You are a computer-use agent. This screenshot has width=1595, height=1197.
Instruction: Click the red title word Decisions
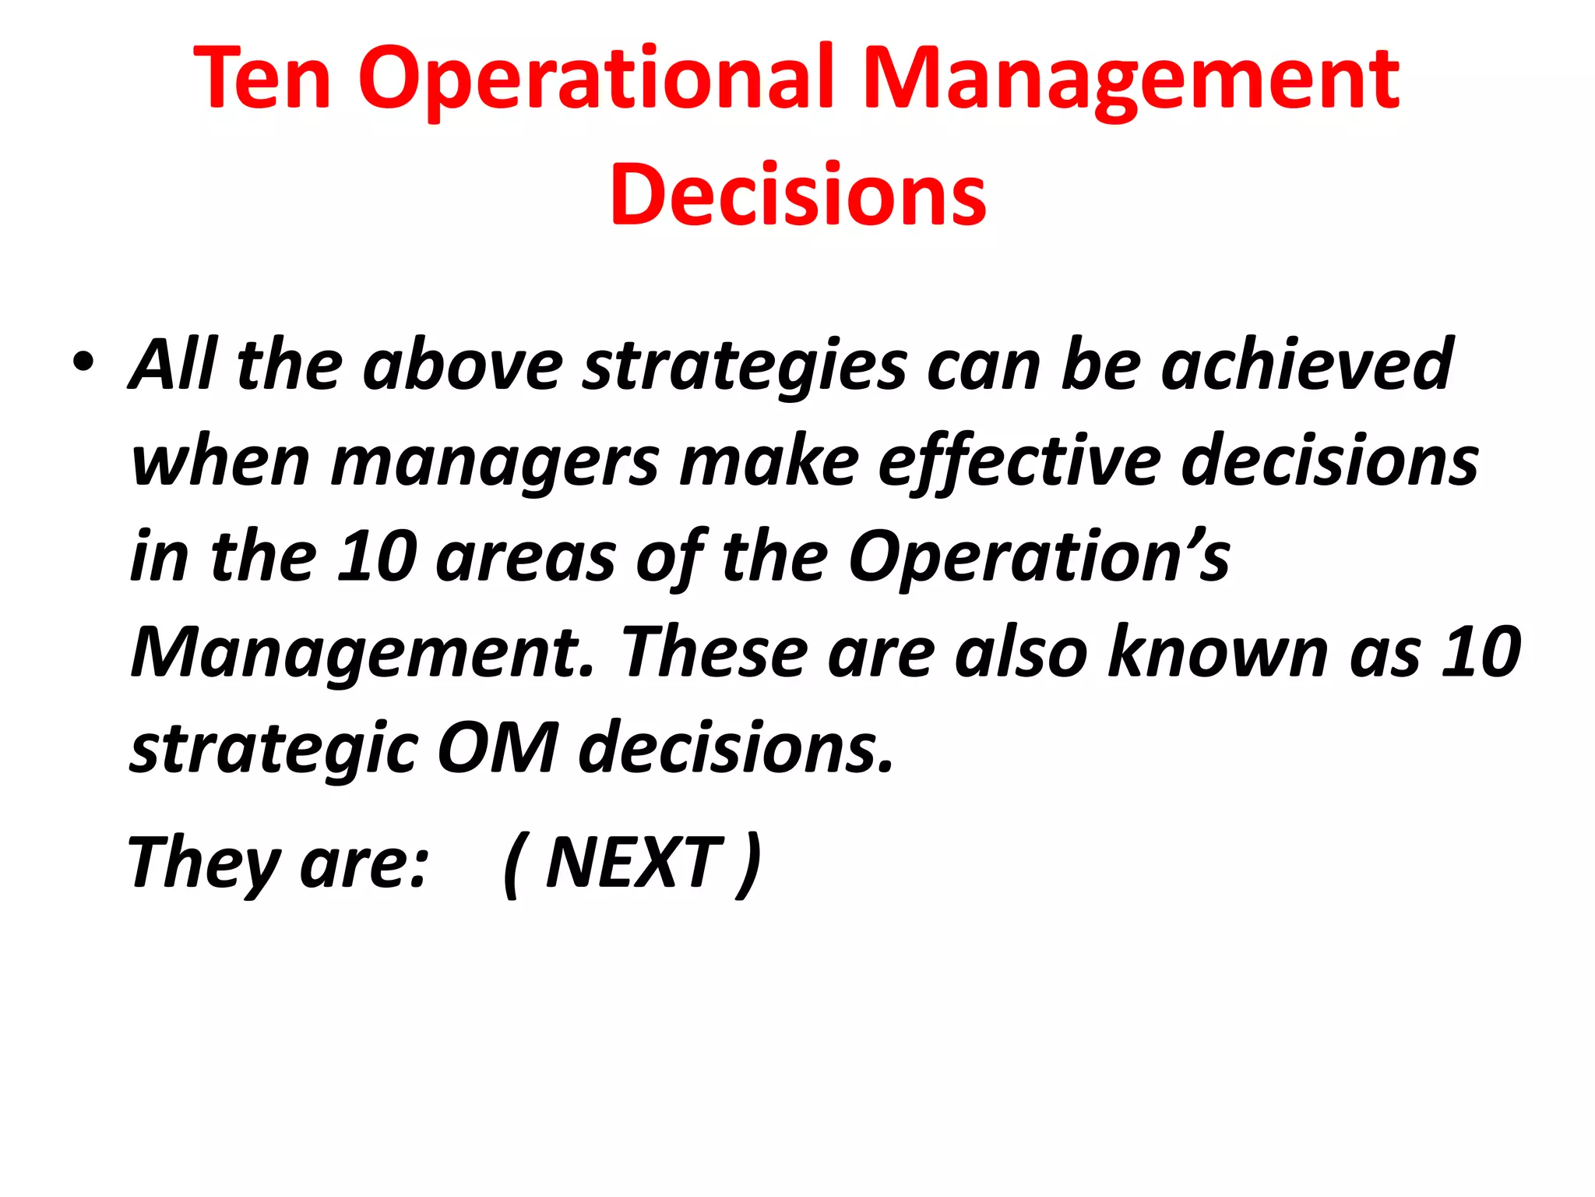click(x=798, y=195)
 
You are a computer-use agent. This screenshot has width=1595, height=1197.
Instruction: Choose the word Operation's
click(x=1039, y=558)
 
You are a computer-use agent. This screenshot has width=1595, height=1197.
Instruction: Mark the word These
click(x=714, y=652)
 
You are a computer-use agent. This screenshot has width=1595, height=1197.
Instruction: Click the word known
click(x=1219, y=652)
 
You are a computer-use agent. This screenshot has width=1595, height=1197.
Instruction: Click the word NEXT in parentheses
click(x=634, y=862)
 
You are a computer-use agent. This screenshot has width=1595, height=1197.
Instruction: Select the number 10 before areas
click(x=376, y=556)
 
